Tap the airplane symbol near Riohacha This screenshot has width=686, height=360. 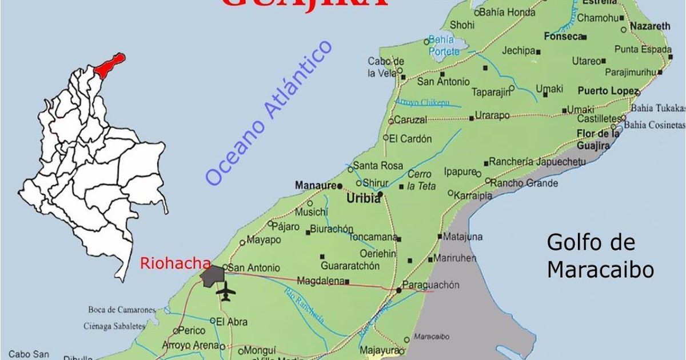[x=226, y=291]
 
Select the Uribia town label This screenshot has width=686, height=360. [x=363, y=199]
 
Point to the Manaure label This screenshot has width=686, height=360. [x=315, y=185]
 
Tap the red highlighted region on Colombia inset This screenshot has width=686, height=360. [x=110, y=65]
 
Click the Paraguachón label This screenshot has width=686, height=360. [x=430, y=285]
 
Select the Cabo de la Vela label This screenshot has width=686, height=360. [x=386, y=67]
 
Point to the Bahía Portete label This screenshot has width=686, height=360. [x=442, y=45]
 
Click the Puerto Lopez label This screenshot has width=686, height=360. [x=607, y=90]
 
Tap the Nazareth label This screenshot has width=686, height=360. [x=649, y=26]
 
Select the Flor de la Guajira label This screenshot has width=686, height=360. [x=597, y=139]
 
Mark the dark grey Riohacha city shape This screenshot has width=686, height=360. [x=213, y=275]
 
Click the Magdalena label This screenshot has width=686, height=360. [x=320, y=281]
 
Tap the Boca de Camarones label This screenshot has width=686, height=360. [x=121, y=310]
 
